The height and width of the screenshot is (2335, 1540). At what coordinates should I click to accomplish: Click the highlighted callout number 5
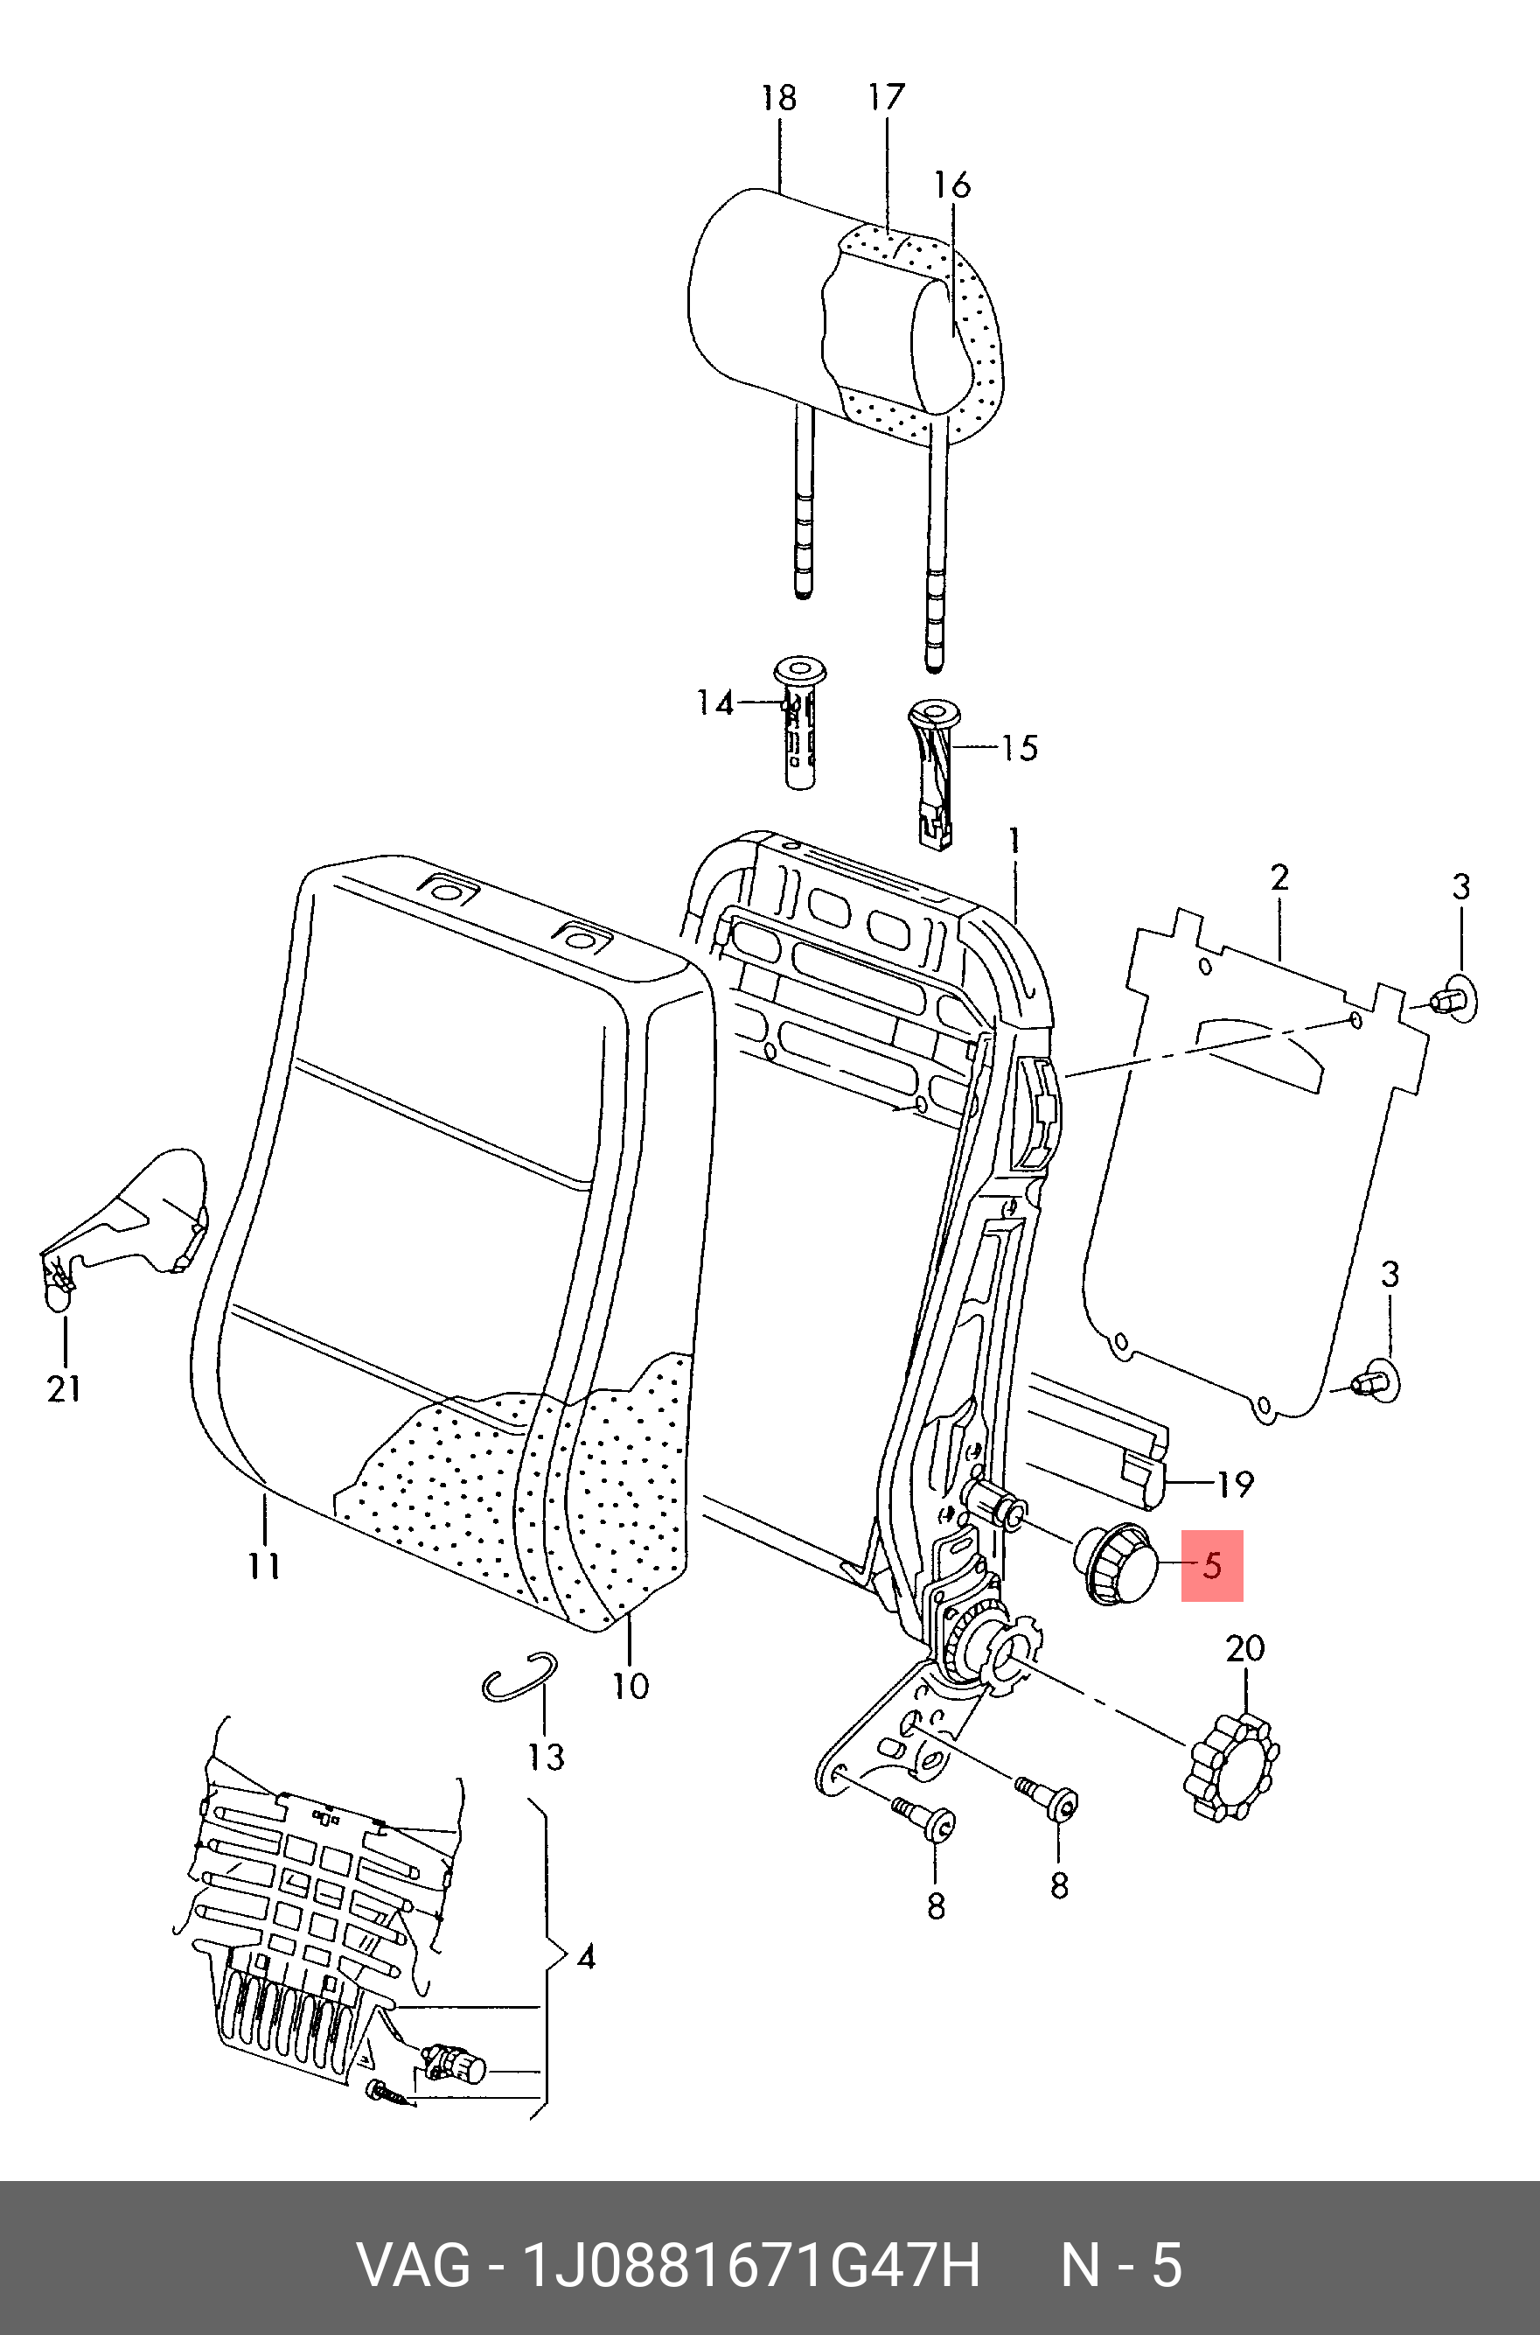1212,1566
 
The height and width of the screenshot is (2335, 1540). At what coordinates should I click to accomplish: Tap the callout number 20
1244,1647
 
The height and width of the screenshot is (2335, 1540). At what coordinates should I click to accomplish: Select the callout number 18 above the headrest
779,98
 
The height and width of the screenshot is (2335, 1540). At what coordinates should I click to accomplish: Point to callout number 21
64,1389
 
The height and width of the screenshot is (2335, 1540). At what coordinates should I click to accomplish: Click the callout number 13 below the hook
546,1757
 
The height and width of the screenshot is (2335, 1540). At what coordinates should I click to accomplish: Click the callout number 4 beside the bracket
585,1958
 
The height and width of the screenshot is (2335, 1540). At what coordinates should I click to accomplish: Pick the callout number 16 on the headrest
951,185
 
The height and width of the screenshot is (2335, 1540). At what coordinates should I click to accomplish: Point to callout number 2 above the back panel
1279,877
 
